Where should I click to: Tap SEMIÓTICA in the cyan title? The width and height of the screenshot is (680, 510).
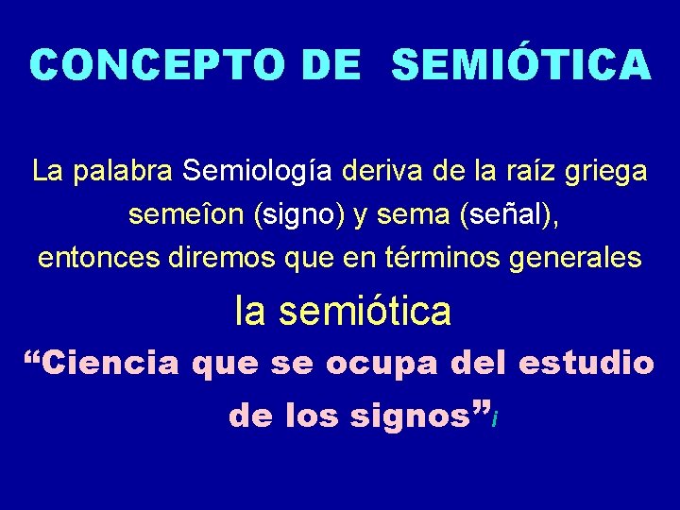pyautogui.click(x=520, y=65)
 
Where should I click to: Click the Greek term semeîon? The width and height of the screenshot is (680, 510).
pyautogui.click(x=186, y=215)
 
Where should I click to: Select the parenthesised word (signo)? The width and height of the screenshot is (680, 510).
pyautogui.click(x=298, y=216)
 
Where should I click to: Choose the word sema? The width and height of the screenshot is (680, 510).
pyautogui.click(x=412, y=216)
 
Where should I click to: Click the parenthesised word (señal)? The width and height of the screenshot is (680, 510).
pyautogui.click(x=509, y=216)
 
